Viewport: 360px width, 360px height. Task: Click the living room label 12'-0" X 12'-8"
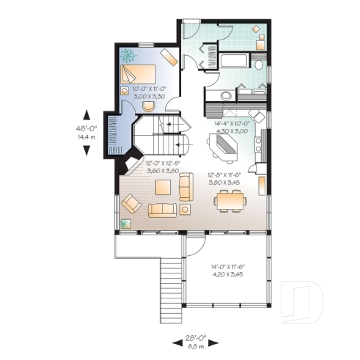click(x=163, y=166)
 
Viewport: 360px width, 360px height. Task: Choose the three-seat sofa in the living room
click(x=163, y=210)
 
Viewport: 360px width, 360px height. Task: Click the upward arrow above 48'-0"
click(x=87, y=114)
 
